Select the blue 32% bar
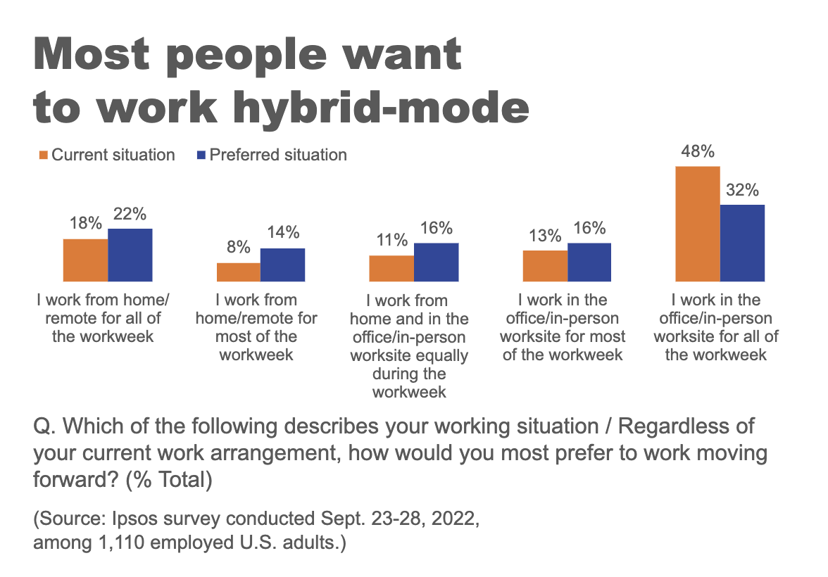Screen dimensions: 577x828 click(x=742, y=243)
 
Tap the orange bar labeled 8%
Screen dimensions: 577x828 click(x=238, y=272)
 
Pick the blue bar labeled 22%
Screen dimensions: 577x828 click(x=130, y=255)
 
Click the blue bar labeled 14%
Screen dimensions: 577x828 click(x=282, y=265)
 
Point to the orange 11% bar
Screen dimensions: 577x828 click(x=391, y=268)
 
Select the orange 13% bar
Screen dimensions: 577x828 click(x=545, y=265)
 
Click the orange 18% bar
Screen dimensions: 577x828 click(x=85, y=260)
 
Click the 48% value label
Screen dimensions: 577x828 click(x=698, y=151)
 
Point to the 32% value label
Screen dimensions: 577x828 click(x=742, y=190)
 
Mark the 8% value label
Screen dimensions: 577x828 click(x=238, y=248)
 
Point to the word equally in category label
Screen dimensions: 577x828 click(x=441, y=355)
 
